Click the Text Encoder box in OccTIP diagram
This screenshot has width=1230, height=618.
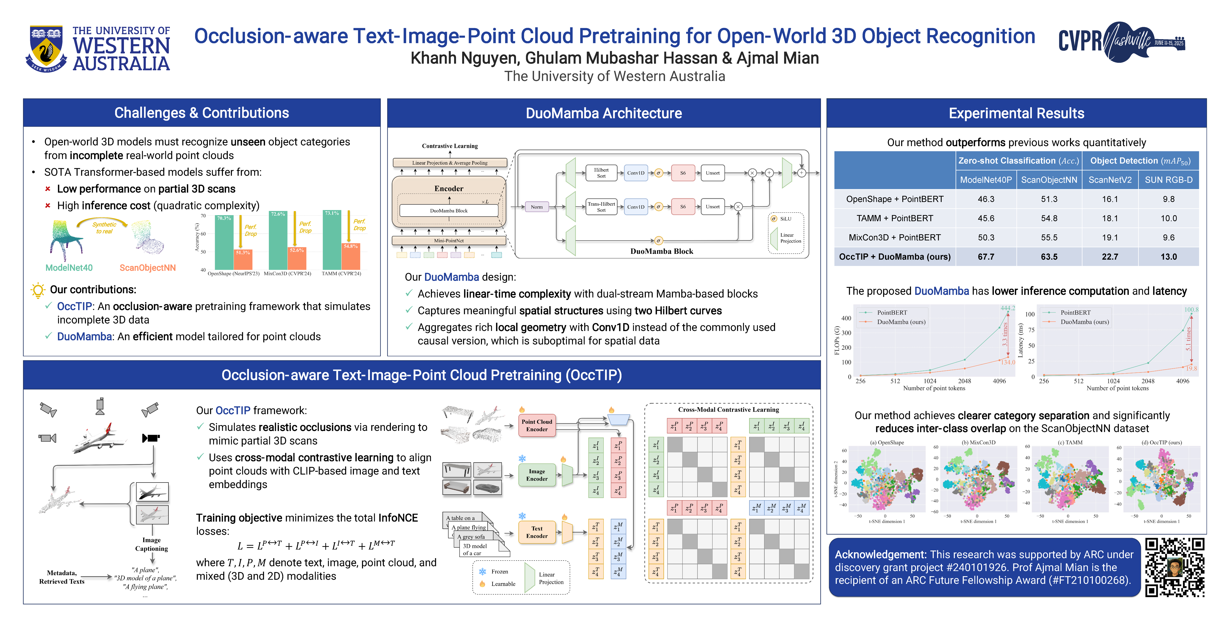pos(537,532)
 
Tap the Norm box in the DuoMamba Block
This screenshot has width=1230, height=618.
pos(537,207)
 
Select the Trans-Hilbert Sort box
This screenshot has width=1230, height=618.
pos(601,207)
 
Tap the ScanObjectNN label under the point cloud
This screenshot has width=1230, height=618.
pos(148,268)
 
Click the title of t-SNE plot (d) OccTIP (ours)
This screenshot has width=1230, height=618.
pos(1161,442)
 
